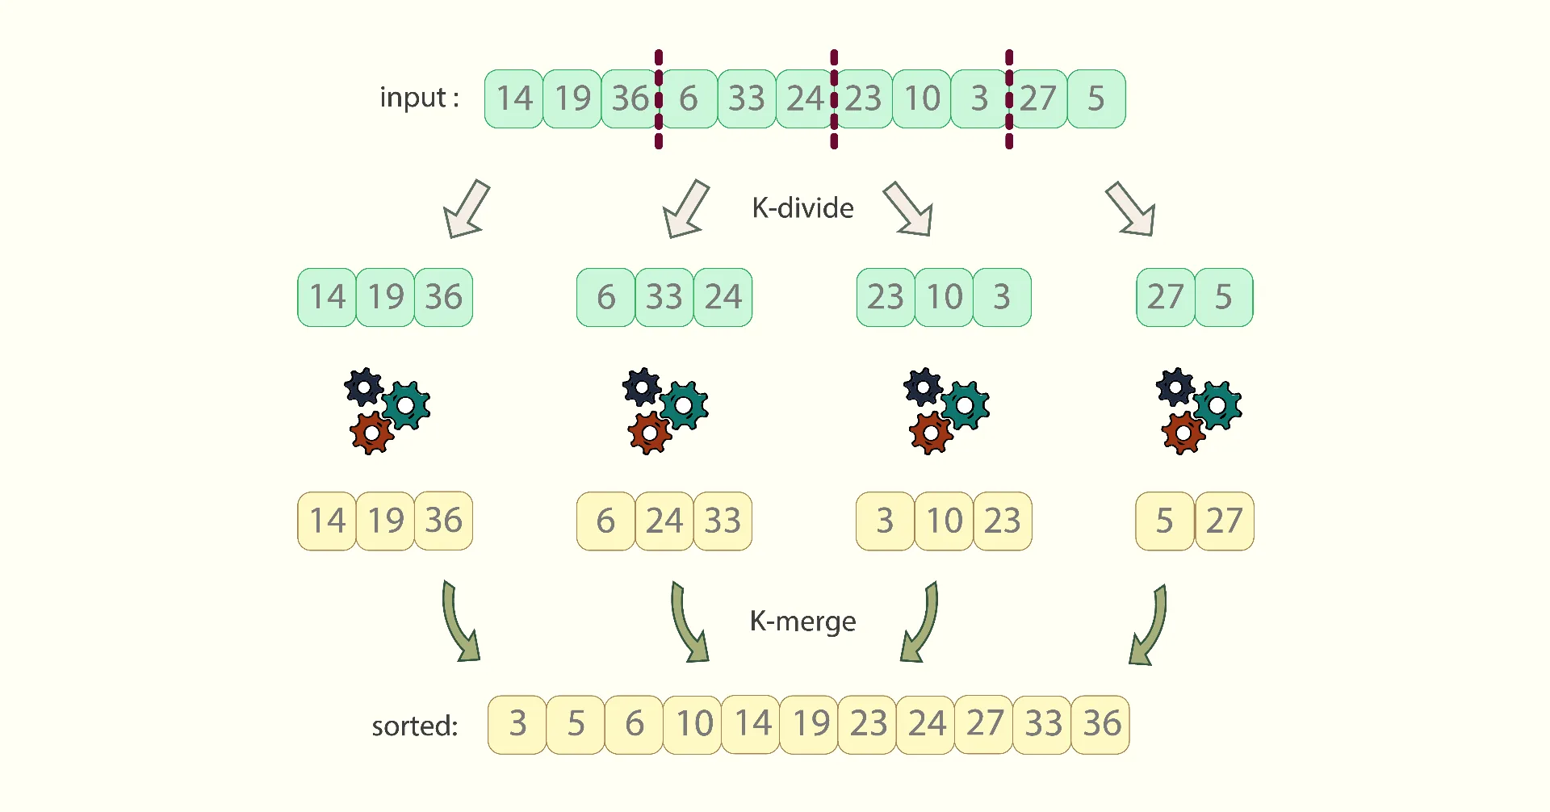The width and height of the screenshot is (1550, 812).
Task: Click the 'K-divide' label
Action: click(x=802, y=208)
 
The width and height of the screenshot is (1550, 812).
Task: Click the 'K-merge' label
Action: click(x=802, y=622)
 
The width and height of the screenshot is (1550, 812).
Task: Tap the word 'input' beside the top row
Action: click(x=413, y=98)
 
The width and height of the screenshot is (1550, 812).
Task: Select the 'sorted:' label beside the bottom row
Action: click(x=414, y=726)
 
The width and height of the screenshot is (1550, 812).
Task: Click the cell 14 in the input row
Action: click(x=514, y=98)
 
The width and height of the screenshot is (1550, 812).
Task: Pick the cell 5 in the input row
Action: click(x=1096, y=98)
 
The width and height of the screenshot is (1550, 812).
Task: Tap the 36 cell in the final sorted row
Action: click(x=1100, y=725)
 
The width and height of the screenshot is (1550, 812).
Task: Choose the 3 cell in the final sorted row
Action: click(x=517, y=725)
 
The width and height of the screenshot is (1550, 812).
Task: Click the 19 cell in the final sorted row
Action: click(x=809, y=725)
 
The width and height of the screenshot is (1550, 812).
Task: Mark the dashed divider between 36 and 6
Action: click(x=659, y=99)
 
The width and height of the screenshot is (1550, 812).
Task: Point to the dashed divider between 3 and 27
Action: click(x=1009, y=99)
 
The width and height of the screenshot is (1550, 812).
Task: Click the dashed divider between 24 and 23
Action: click(x=834, y=99)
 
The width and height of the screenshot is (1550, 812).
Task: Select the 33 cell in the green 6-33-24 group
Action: click(x=664, y=297)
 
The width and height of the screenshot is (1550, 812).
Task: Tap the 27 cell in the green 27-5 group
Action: click(x=1166, y=297)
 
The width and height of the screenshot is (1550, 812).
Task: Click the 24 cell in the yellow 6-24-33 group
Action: click(x=664, y=521)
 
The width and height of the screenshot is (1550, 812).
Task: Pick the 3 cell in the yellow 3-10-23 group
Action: click(x=886, y=521)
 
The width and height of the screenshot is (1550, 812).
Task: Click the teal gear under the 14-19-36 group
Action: click(x=406, y=405)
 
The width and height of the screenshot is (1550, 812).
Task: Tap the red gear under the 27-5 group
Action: click(x=1183, y=433)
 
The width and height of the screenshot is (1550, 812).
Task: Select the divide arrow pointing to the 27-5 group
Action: click(x=1131, y=209)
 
